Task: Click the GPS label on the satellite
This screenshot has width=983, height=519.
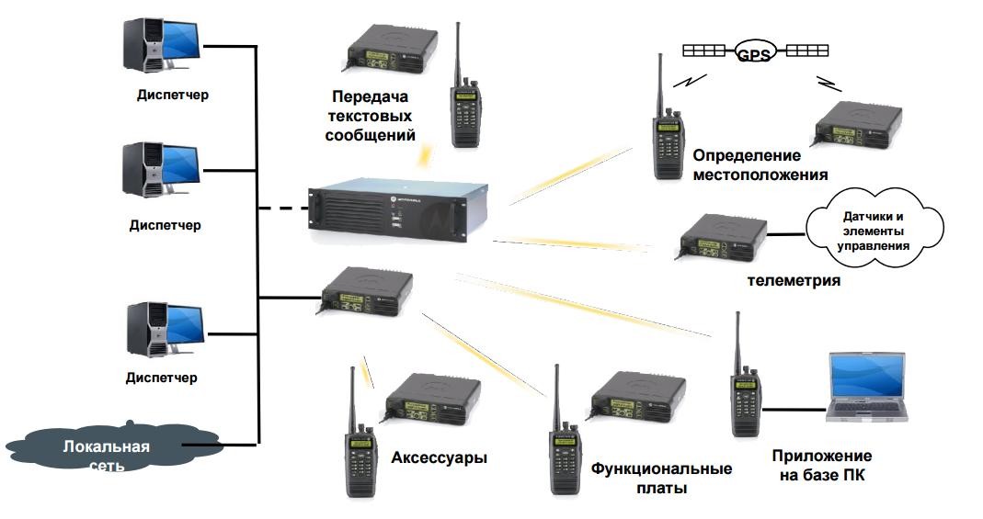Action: pos(753,54)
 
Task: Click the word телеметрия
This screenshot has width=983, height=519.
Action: pos(794,280)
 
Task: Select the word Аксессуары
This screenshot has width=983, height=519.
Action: pos(439,457)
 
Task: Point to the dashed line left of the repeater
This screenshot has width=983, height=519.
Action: pos(280,209)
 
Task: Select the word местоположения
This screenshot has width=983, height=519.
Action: pos(760,174)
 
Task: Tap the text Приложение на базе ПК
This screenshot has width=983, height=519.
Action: pos(821,465)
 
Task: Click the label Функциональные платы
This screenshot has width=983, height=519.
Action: pos(661,478)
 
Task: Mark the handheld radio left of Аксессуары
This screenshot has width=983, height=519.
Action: pos(360,437)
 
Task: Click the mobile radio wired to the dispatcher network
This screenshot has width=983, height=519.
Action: pos(367,291)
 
